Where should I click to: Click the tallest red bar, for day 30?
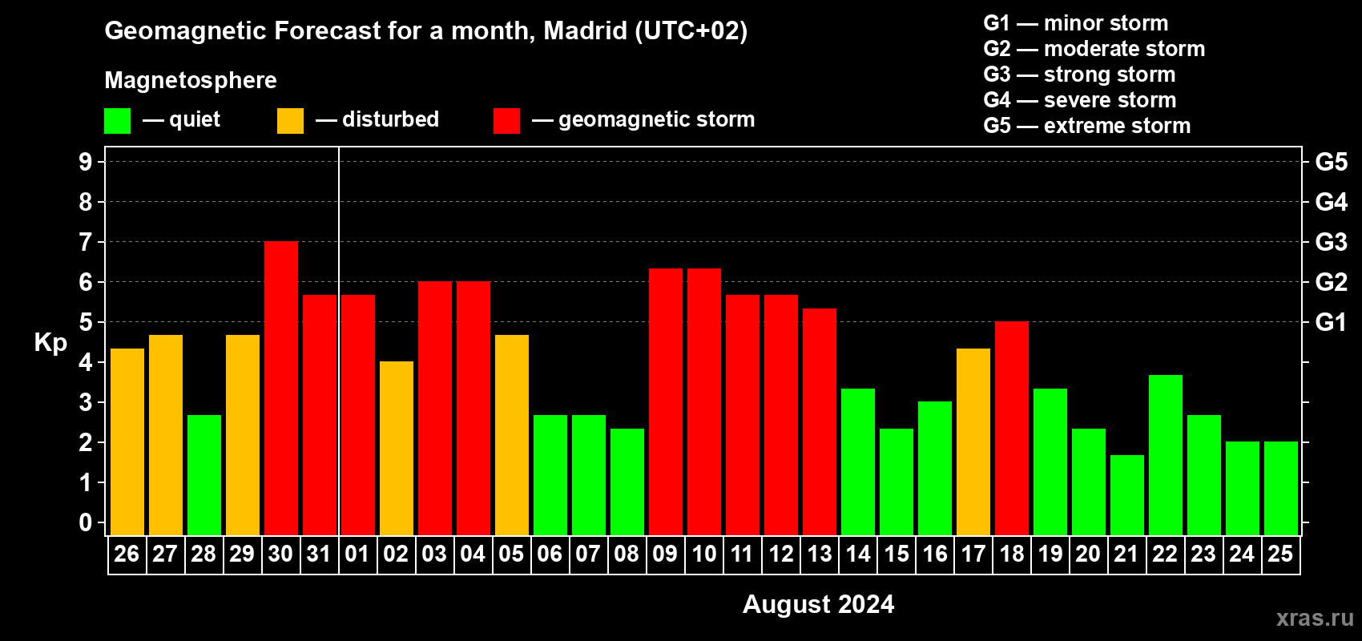281,389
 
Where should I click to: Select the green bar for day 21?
1127,495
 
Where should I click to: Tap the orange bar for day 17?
973,441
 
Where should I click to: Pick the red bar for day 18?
1012,429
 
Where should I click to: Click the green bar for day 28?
204,475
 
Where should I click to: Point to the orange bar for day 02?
397,449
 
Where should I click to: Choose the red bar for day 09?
666,402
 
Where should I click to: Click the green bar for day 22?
1166,455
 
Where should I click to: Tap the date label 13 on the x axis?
820,554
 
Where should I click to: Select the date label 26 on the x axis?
127,554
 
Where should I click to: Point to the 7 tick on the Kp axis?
86,242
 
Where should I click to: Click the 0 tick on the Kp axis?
86,522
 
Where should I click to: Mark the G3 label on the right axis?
1331,242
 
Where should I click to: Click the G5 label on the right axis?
1331,162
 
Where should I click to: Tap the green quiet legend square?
118,121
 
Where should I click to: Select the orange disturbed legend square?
290,121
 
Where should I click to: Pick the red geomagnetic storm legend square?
506,121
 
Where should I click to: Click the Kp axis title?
50,343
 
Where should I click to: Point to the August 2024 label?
818,604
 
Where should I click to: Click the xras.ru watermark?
1315,618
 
